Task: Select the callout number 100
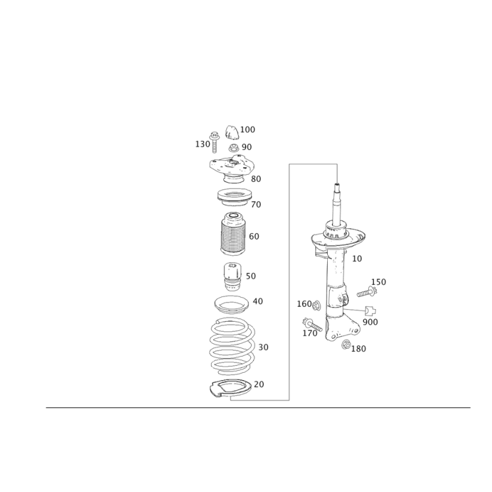point(248,130)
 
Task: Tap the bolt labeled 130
point(215,142)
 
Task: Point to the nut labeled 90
point(233,148)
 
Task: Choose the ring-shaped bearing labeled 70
point(234,197)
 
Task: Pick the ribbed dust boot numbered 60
point(232,234)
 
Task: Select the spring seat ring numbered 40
point(232,304)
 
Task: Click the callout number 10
point(357,259)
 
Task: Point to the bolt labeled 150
point(367,292)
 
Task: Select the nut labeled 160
point(316,304)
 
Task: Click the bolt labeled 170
point(312,325)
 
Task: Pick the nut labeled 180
point(346,344)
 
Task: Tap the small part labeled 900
point(371,311)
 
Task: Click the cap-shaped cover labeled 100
point(232,132)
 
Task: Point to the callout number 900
point(370,322)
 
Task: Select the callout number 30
point(263,347)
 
